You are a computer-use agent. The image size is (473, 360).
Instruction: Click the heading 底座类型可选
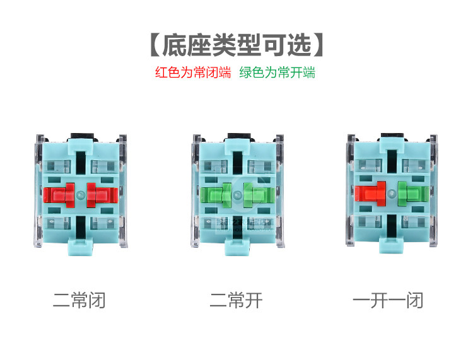coord(237,45)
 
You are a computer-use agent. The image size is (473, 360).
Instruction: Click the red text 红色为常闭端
coord(194,73)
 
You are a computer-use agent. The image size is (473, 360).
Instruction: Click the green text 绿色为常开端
coord(277,73)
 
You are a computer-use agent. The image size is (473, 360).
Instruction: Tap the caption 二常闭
coord(79,301)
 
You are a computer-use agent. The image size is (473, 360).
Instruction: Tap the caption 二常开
coord(236,301)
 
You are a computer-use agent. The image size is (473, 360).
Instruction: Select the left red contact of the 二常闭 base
coord(61,195)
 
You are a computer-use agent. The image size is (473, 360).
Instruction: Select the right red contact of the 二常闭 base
coord(99,195)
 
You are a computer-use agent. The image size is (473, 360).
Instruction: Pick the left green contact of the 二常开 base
coord(218,195)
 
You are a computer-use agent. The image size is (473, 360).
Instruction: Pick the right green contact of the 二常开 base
coord(256,195)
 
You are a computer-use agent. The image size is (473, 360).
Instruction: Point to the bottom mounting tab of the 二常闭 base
coord(79,247)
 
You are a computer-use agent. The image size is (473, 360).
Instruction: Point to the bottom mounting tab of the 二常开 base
coord(237,247)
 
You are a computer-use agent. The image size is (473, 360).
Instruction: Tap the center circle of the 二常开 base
coord(237,195)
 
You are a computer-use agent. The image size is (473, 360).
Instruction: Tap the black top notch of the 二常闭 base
coord(79,136)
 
